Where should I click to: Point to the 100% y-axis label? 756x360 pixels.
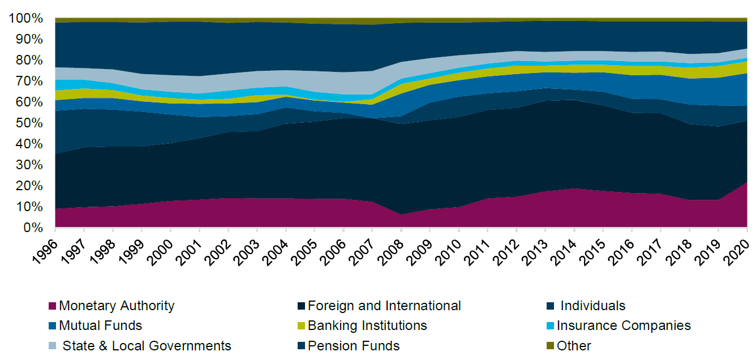(x=26, y=19)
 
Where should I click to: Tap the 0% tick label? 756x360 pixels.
(x=33, y=228)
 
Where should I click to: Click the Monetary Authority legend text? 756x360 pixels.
(x=117, y=306)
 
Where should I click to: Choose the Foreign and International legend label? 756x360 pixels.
(x=384, y=306)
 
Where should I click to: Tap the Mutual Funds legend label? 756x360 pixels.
(x=100, y=326)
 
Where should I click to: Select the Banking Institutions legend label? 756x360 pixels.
(x=367, y=326)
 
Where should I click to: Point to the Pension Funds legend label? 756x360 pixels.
(x=354, y=346)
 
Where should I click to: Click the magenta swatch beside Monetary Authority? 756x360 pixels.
(x=53, y=306)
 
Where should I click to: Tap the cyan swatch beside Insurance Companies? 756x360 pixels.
(x=550, y=326)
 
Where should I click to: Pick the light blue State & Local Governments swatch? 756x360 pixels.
(x=53, y=346)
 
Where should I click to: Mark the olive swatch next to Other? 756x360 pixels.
(x=550, y=346)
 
